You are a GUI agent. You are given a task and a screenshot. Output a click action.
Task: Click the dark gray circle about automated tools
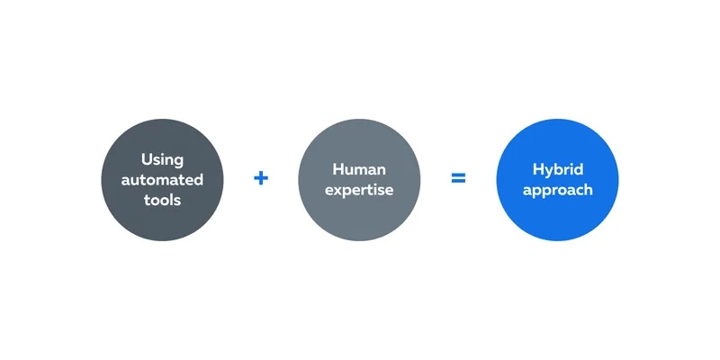162,180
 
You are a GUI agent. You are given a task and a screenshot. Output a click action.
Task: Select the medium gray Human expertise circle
359,180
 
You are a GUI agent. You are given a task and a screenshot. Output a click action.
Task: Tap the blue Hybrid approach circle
557,180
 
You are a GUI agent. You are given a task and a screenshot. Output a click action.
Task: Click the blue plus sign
261,178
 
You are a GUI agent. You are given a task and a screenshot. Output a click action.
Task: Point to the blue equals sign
458,178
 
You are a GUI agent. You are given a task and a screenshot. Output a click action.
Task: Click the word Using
162,160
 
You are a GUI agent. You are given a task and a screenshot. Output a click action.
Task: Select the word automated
162,179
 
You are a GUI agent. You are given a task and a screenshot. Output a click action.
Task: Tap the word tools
162,200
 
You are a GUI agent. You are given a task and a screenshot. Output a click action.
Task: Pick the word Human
359,169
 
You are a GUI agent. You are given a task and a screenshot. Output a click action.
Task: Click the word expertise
359,190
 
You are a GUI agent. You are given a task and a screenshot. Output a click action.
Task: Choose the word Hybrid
557,170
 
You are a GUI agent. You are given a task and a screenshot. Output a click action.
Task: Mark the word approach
557,191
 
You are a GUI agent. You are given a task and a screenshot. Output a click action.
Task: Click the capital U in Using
147,159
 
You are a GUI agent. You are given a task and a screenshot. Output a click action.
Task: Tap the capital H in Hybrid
538,169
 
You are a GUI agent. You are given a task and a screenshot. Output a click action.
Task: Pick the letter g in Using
178,163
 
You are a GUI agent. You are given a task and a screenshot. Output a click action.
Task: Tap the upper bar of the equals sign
458,175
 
